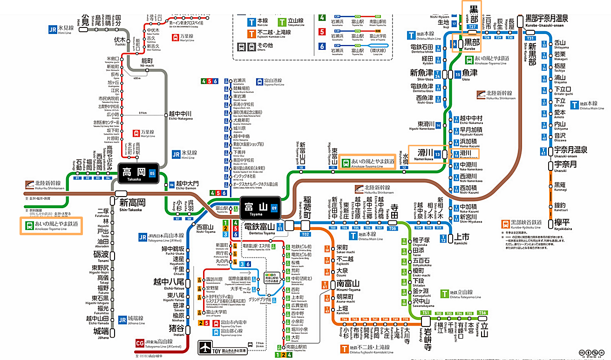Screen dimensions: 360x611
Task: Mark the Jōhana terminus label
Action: [102, 333]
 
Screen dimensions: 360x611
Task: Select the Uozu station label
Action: [470, 75]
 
